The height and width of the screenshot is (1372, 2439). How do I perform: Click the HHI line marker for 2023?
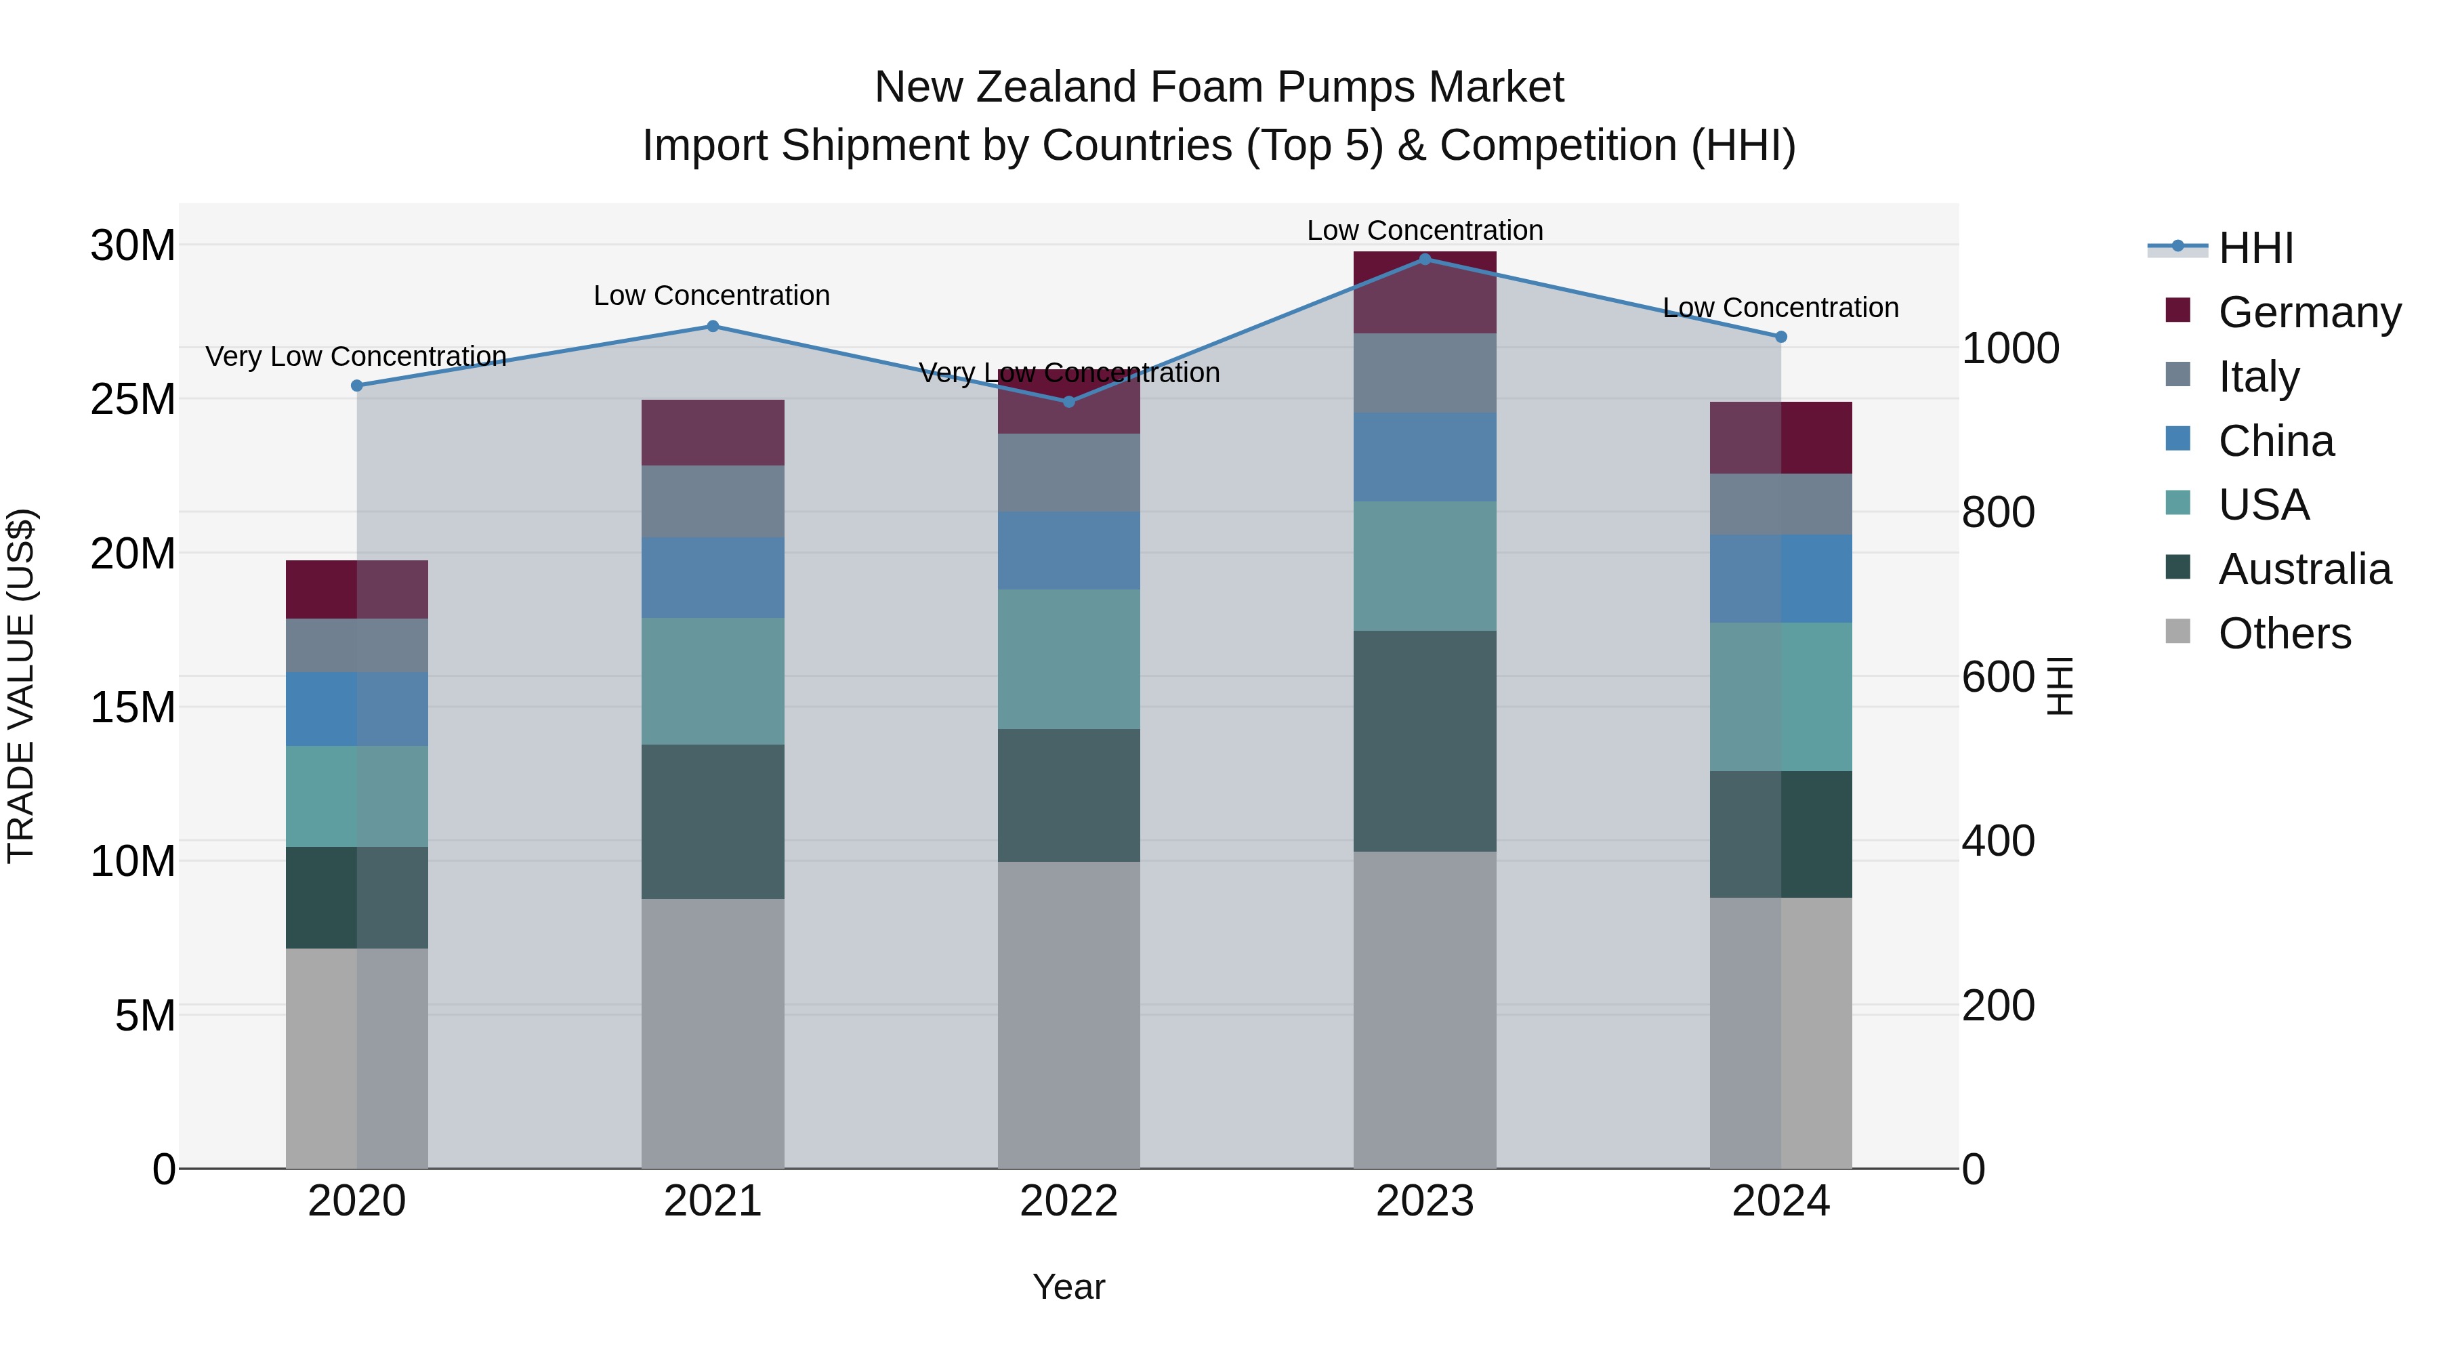pyautogui.click(x=1425, y=259)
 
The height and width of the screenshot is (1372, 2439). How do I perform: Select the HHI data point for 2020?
pyautogui.click(x=357, y=386)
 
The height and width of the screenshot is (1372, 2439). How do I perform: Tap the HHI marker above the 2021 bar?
pyautogui.click(x=713, y=326)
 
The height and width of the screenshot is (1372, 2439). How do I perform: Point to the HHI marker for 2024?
pyautogui.click(x=1781, y=336)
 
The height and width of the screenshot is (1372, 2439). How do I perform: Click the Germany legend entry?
pyautogui.click(x=2308, y=312)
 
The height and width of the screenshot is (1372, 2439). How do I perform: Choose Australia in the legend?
pyautogui.click(x=2303, y=569)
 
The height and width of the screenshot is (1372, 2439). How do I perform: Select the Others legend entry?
pyautogui.click(x=2284, y=633)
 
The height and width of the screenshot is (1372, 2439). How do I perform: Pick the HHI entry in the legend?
pyautogui.click(x=2255, y=248)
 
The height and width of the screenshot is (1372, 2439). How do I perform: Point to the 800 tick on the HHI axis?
pyautogui.click(x=1998, y=512)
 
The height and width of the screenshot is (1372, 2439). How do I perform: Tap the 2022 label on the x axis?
pyautogui.click(x=1069, y=1201)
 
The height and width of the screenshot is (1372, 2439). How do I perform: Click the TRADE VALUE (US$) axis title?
pyautogui.click(x=21, y=686)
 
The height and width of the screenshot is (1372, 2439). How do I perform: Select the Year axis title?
pyautogui.click(x=1069, y=1287)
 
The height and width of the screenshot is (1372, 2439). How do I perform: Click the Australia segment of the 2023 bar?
pyautogui.click(x=1425, y=741)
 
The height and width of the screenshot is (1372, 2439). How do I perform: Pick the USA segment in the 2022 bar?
pyautogui.click(x=1069, y=659)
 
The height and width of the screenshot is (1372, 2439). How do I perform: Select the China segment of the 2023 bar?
pyautogui.click(x=1425, y=457)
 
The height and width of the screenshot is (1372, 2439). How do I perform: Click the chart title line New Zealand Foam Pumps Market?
pyautogui.click(x=1219, y=87)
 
